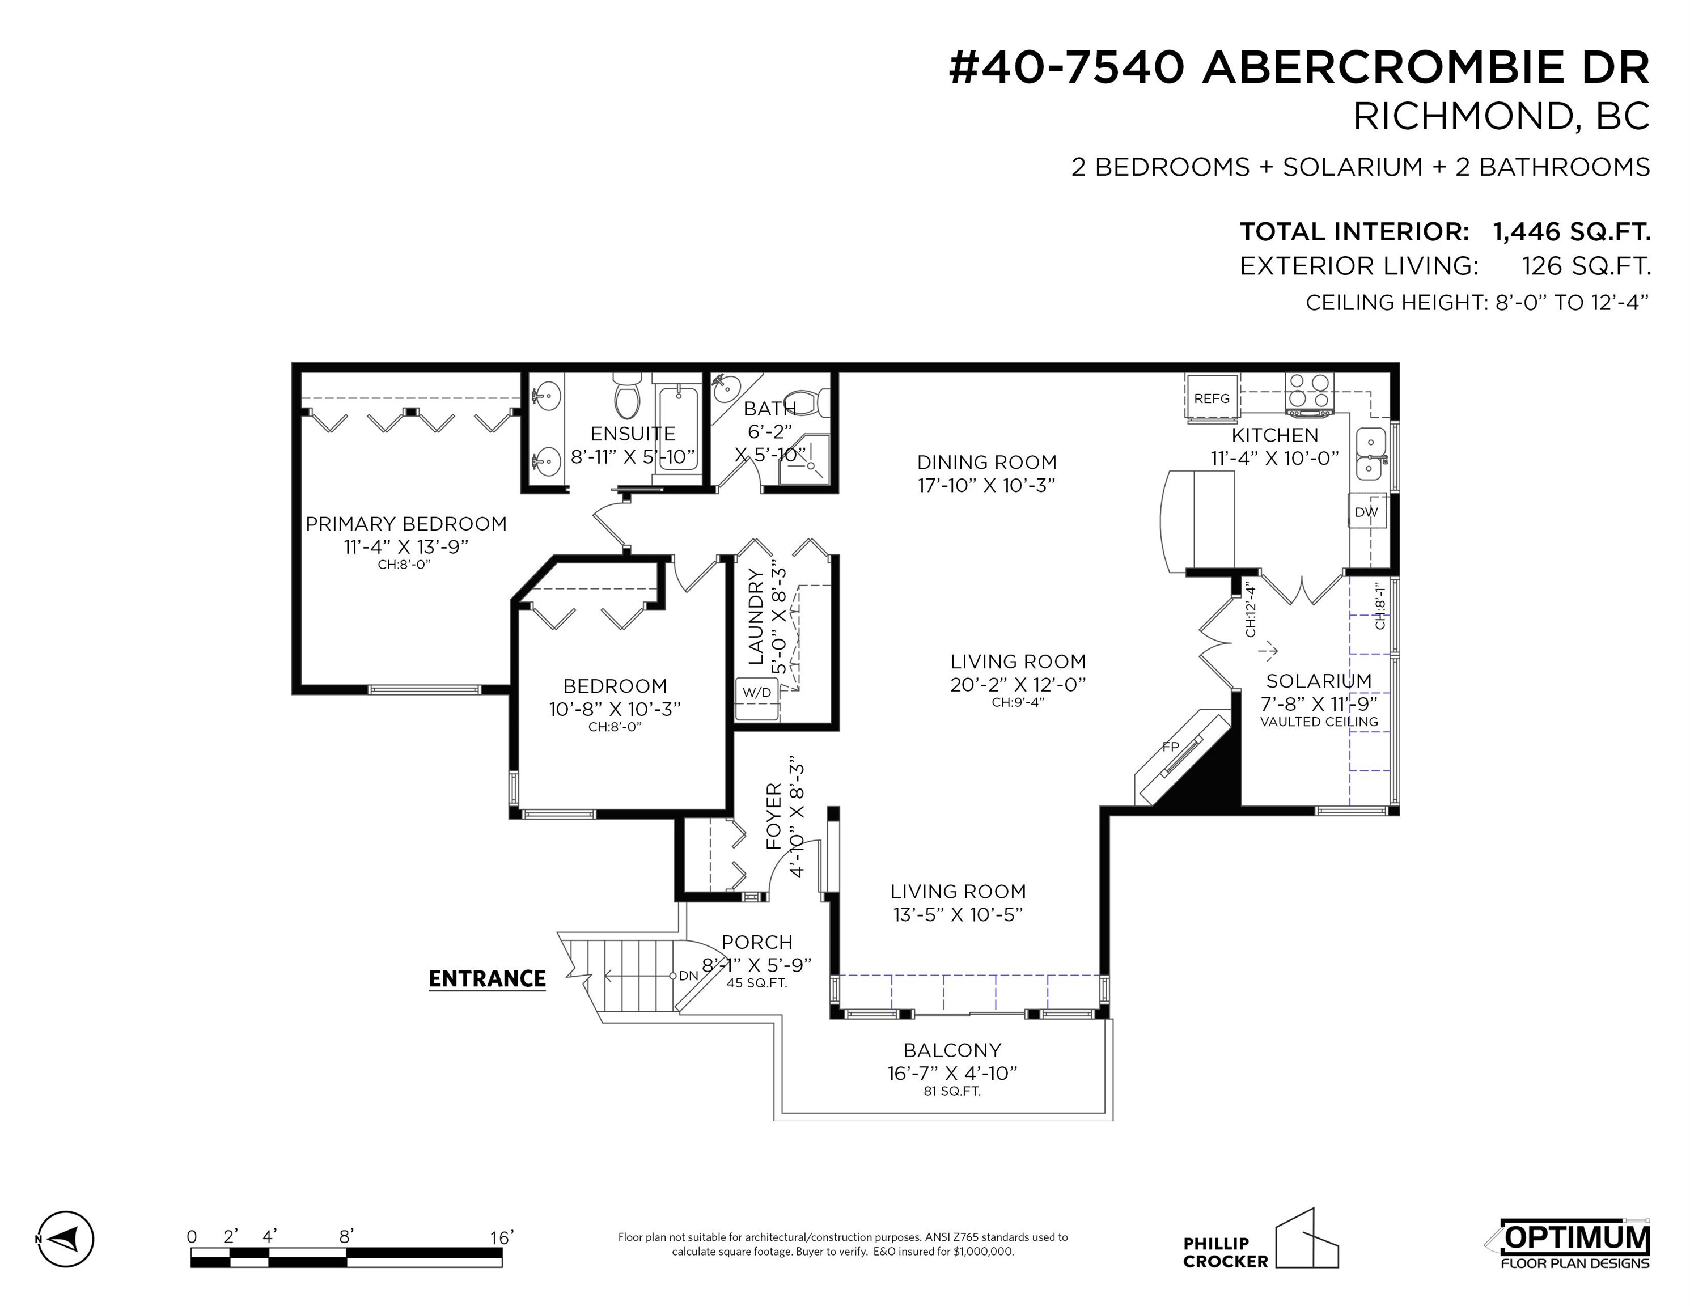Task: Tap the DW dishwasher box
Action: pyautogui.click(x=1366, y=511)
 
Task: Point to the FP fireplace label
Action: pyautogui.click(x=1170, y=747)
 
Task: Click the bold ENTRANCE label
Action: pyautogui.click(x=488, y=979)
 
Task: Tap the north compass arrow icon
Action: pyautogui.click(x=66, y=1239)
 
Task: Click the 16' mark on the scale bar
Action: pyautogui.click(x=501, y=1237)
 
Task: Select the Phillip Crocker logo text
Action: pyautogui.click(x=1226, y=1253)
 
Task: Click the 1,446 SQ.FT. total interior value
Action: pyautogui.click(x=1571, y=231)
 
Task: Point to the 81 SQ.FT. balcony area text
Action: pyautogui.click(x=952, y=1091)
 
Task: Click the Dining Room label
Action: pyautogui.click(x=986, y=462)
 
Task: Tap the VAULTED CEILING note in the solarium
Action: pyautogui.click(x=1319, y=721)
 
